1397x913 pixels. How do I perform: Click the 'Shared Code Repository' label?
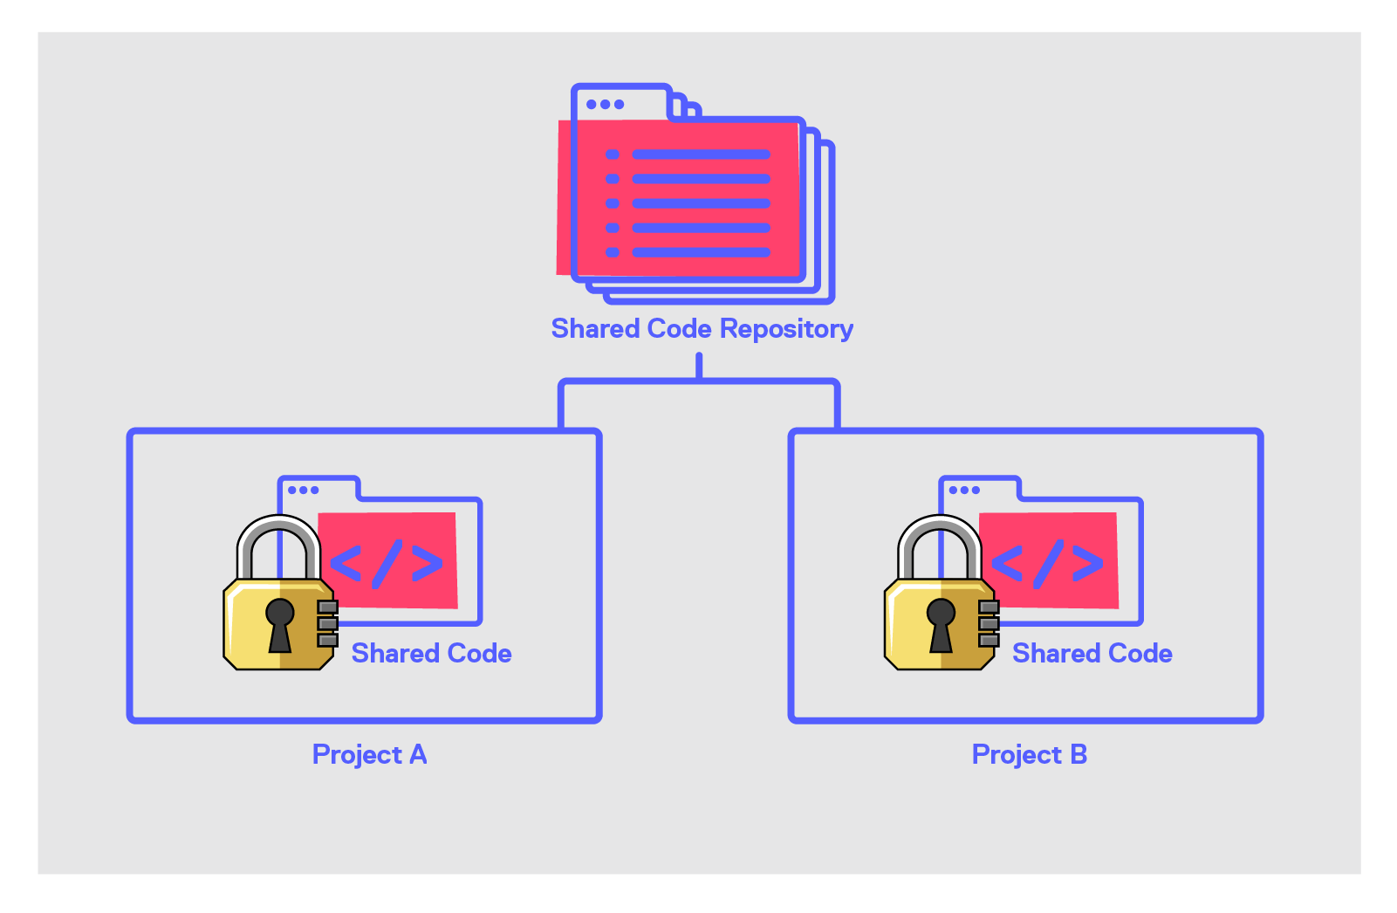[702, 329]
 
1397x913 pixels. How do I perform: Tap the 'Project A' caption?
[369, 754]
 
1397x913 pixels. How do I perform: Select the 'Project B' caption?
[1029, 754]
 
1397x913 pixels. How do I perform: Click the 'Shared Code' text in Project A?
[432, 654]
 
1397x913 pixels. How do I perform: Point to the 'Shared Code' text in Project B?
[1092, 654]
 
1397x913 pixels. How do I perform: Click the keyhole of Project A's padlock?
[279, 625]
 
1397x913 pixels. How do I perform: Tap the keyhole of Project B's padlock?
[941, 625]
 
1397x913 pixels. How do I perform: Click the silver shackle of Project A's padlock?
[278, 522]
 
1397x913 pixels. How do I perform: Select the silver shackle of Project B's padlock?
[940, 522]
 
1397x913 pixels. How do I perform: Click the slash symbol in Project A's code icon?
[387, 564]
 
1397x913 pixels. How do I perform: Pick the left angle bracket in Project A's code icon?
[346, 564]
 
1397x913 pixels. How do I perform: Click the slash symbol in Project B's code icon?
[1048, 564]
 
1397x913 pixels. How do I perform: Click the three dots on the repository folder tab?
[605, 104]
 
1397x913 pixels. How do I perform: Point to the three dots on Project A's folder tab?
[303, 490]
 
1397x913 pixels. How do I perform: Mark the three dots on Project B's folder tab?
[964, 490]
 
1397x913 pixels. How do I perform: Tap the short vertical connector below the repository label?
[699, 366]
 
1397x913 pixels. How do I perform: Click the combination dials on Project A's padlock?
[328, 623]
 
